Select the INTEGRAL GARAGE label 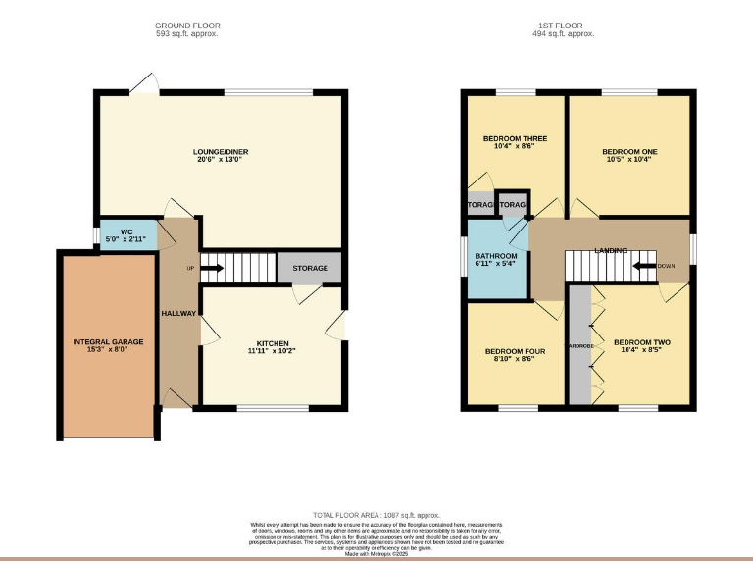click(108, 342)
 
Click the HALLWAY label click(178, 314)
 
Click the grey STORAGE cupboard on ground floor click(310, 268)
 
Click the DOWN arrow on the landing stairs click(644, 266)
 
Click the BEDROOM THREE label click(515, 139)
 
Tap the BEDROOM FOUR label click(514, 350)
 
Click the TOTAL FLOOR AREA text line click(376, 515)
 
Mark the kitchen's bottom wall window click(266, 407)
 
